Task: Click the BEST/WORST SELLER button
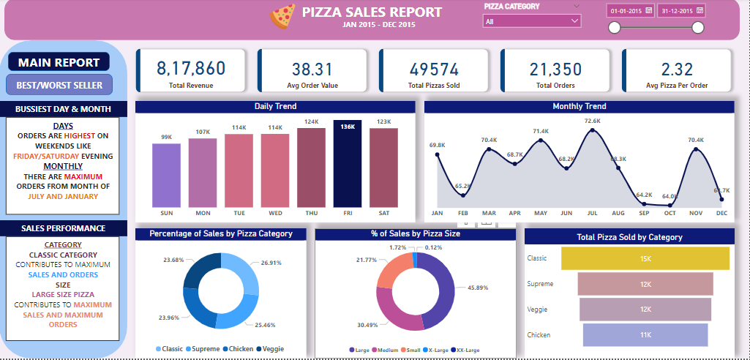[59, 85]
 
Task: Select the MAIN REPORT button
[59, 63]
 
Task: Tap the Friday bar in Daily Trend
[348, 165]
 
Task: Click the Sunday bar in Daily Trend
[166, 176]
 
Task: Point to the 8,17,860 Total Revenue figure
[190, 69]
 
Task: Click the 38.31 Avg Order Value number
[312, 69]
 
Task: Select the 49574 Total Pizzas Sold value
[434, 69]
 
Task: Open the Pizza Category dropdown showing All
[531, 22]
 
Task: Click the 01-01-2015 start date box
[629, 11]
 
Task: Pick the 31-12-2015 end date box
[680, 11]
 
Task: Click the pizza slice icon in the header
[282, 15]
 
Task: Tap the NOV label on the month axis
[695, 213]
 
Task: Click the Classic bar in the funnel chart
[645, 258]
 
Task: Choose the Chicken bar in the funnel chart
[645, 334]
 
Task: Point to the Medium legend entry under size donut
[385, 350]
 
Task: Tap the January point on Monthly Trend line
[438, 155]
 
